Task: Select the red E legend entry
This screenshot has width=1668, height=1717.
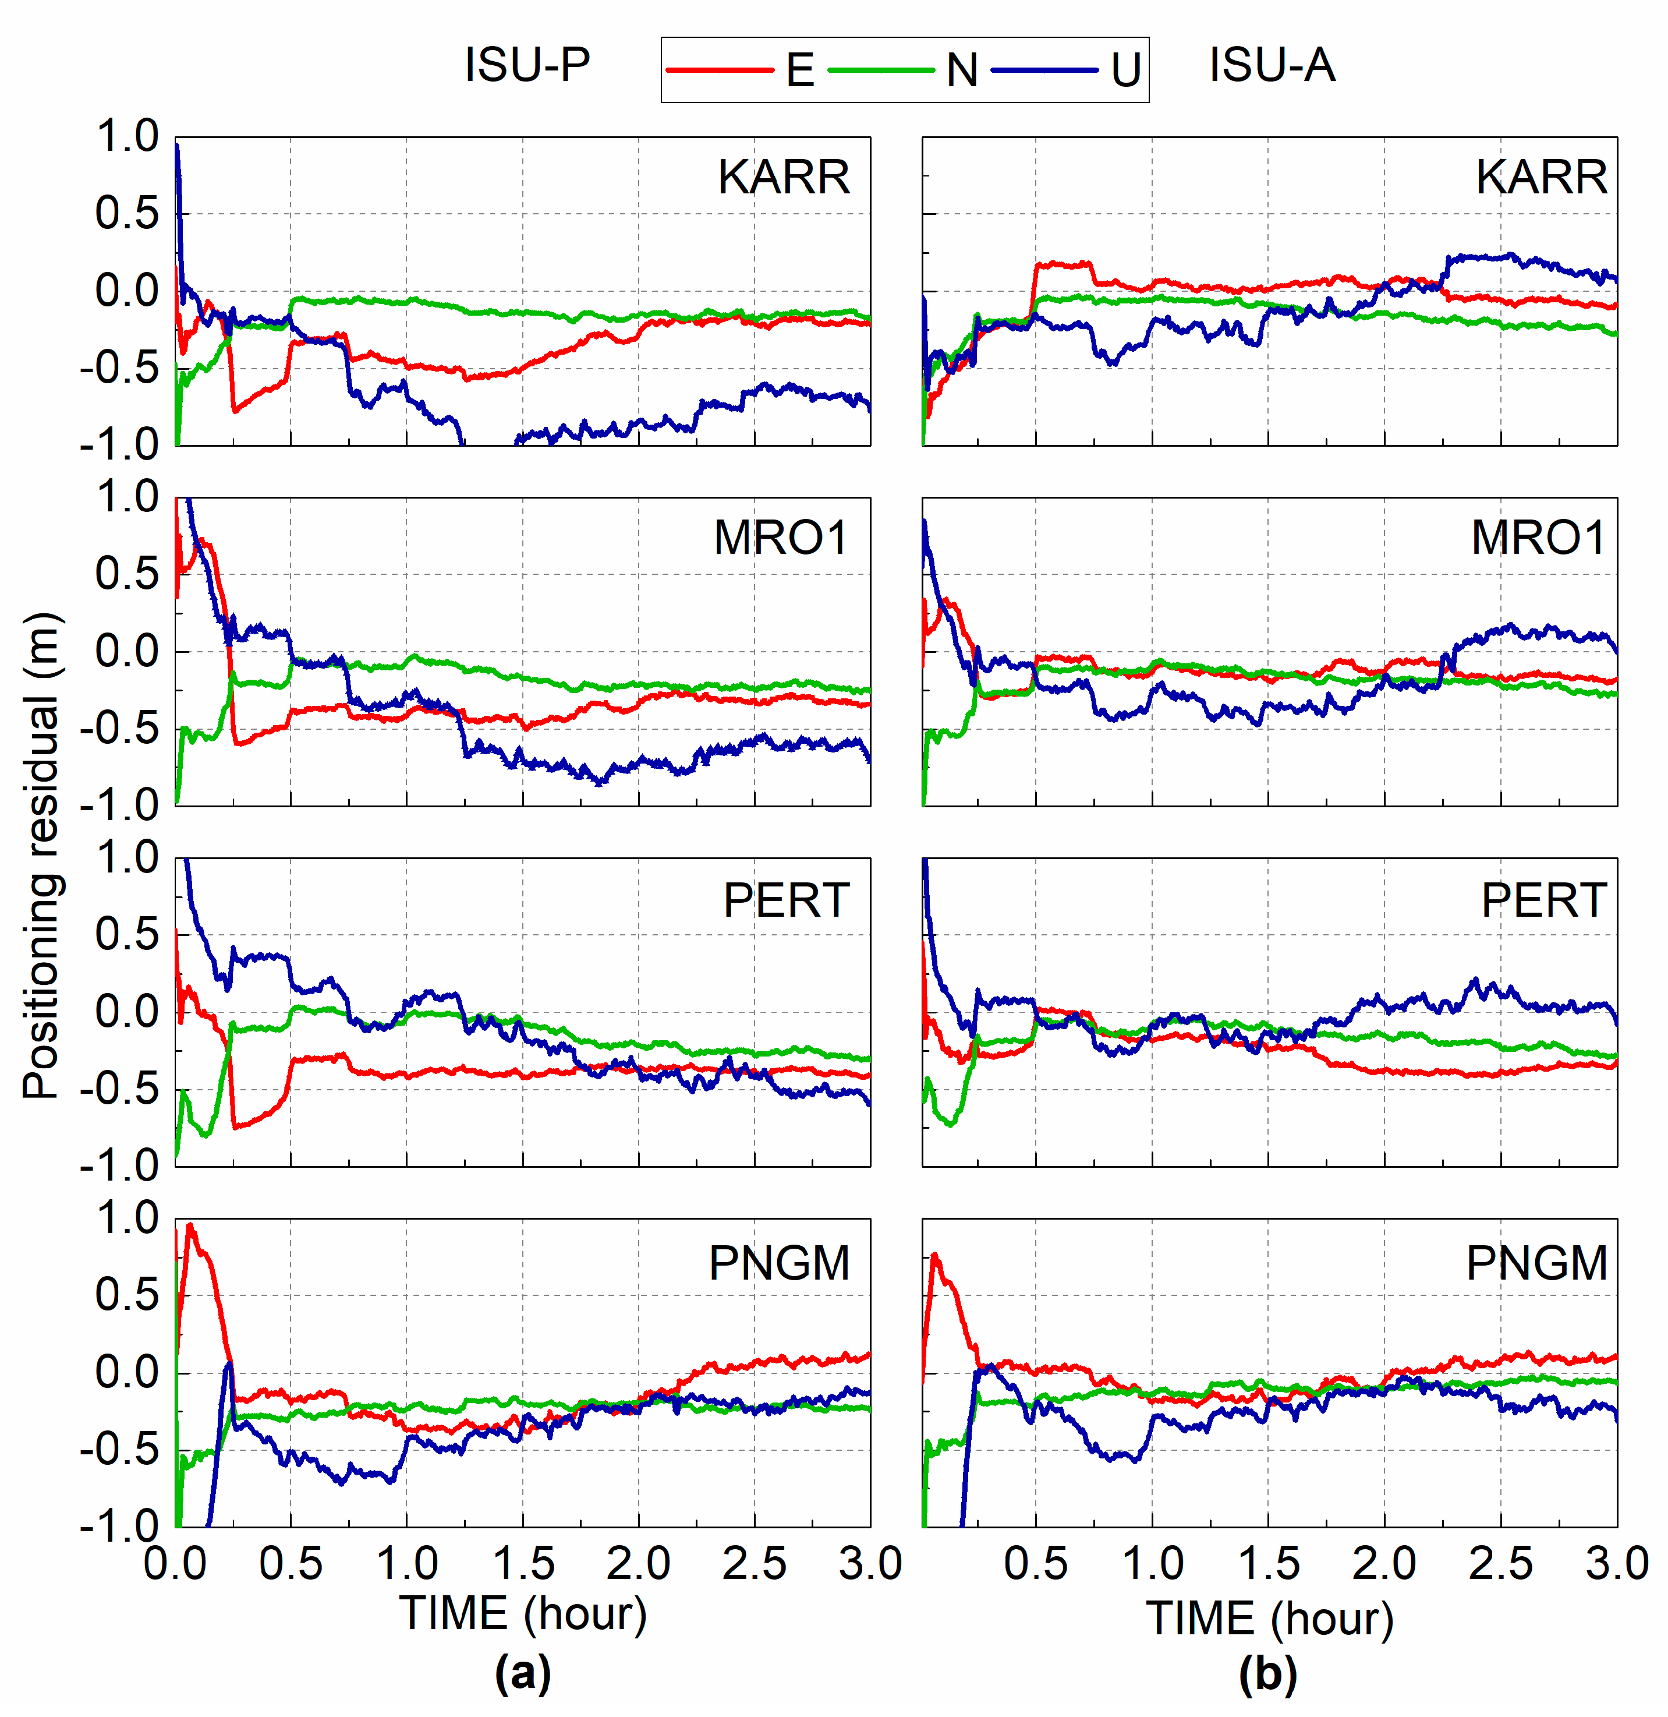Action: point(740,70)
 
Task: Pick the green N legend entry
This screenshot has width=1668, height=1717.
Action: point(902,70)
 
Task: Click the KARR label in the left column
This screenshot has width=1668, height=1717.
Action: point(784,178)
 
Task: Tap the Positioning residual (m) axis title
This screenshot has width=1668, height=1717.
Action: point(41,854)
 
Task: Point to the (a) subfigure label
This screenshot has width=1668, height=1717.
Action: point(523,1673)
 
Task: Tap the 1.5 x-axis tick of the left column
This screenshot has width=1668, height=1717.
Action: point(523,1564)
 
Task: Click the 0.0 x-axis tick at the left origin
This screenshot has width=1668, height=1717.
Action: point(175,1564)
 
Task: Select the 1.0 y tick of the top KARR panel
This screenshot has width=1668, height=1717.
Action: point(127,137)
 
